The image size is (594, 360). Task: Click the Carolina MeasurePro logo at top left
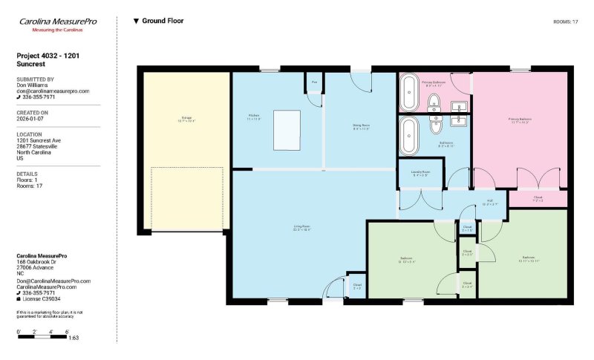coord(57,24)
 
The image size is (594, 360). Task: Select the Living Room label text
coord(301,227)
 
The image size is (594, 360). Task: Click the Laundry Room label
coord(420,174)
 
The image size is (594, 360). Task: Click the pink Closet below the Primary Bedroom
coord(538,199)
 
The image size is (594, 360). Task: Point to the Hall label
coord(490,202)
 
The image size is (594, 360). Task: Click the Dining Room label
coord(361,126)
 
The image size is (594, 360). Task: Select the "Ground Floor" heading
coord(163,22)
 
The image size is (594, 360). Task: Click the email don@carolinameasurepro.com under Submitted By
coord(53,91)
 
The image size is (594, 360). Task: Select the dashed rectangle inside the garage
coord(187,198)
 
